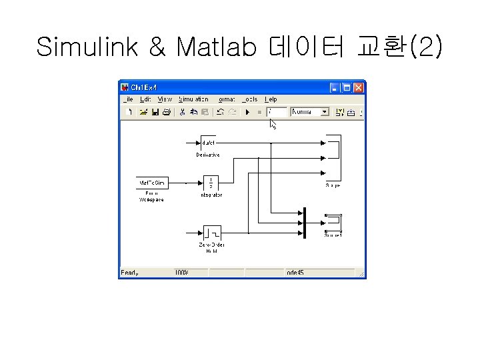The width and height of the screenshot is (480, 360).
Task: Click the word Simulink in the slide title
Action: coord(87,47)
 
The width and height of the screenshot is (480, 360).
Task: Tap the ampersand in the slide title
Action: coord(157,47)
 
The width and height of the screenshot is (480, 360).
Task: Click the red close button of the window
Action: coord(359,87)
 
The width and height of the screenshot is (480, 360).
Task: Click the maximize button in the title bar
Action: coord(347,87)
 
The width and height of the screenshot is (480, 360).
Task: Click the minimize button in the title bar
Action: coord(335,87)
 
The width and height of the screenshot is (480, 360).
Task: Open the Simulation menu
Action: coord(193,99)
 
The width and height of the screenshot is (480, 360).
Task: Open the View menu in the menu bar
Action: coord(164,99)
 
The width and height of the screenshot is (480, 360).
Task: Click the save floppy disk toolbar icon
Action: coord(155,112)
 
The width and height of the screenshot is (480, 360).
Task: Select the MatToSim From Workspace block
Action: coord(151,182)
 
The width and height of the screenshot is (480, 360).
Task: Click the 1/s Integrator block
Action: coord(211,182)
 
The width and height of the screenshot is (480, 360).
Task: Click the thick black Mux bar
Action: coord(304,222)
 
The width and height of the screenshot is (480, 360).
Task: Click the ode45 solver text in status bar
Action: coord(295,273)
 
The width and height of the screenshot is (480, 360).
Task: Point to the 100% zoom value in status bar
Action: coord(181,273)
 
